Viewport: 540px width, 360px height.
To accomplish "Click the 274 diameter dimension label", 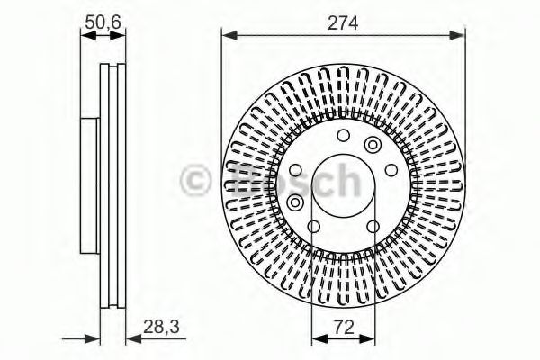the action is tap(343, 23).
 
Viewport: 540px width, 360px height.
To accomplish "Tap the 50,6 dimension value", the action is tap(103, 22).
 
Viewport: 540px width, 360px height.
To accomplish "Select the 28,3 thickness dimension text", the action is tap(161, 327).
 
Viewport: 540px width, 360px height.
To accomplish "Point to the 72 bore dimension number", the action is tap(344, 327).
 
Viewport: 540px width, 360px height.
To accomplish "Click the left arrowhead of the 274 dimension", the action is tap(229, 35).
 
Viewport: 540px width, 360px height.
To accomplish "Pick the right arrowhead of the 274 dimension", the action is tap(457, 35).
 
